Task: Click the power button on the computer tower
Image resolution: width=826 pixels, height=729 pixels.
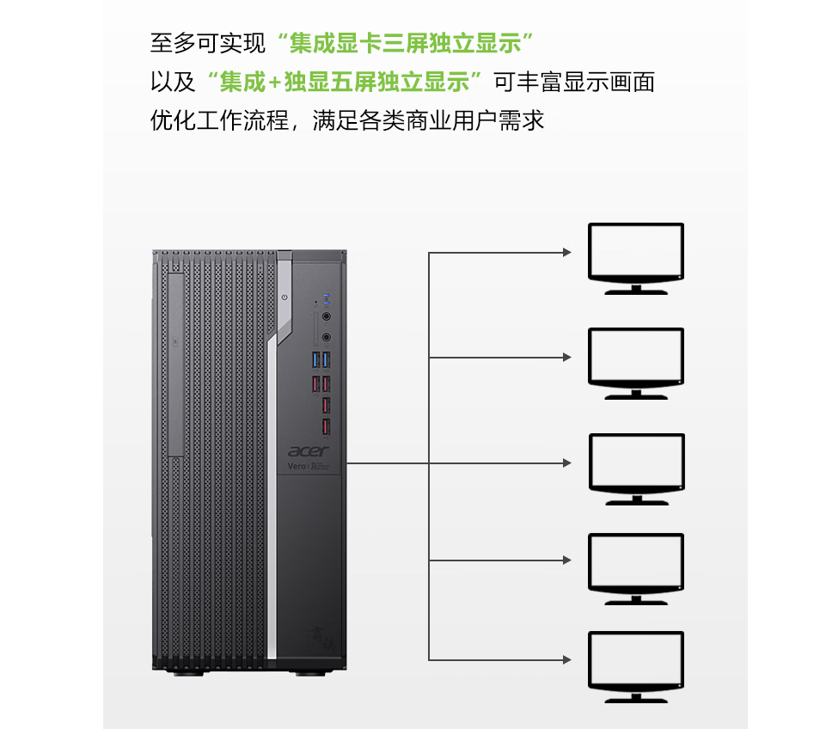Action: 285,297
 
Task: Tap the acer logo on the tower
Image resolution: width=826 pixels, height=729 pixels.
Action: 309,451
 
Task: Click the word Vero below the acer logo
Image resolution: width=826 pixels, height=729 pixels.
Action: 297,466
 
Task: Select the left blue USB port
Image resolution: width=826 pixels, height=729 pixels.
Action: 316,360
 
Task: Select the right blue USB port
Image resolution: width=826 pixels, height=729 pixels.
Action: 326,360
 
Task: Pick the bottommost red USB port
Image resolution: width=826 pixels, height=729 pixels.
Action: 326,426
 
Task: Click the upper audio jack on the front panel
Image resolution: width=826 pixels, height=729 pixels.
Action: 327,316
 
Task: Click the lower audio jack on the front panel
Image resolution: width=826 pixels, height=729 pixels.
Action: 327,337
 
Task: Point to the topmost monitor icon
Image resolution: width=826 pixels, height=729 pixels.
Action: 636,259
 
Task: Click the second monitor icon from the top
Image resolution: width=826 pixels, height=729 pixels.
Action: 636,364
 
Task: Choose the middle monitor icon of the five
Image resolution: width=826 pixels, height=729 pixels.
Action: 636,469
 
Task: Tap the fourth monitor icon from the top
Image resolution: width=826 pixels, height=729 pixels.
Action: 636,569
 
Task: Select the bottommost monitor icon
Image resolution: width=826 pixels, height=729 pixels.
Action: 636,667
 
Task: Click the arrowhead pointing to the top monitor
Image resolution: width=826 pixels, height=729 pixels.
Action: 567,252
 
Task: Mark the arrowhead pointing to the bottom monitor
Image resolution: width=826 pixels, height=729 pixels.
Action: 567,659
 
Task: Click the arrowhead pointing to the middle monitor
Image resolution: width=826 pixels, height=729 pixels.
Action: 567,463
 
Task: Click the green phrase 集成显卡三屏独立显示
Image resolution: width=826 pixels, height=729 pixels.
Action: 405,43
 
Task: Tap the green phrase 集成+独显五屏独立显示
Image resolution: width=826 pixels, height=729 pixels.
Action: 345,83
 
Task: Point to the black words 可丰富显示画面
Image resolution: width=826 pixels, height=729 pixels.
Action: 575,83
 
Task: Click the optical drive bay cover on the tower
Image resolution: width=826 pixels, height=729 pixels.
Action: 176,364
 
